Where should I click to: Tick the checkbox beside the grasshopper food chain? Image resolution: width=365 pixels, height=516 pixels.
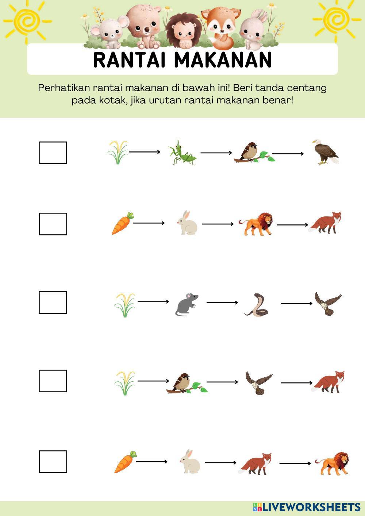(x=53, y=153)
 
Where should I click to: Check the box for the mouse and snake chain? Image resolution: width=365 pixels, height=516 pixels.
(x=53, y=303)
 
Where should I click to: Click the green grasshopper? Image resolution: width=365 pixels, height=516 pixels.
(x=182, y=152)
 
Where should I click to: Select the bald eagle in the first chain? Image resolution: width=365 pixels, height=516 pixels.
(x=326, y=152)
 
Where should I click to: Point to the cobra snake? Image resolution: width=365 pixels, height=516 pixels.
(x=256, y=305)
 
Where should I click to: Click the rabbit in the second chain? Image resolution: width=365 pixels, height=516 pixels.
(x=187, y=223)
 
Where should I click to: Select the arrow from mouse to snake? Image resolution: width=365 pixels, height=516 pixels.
(x=222, y=303)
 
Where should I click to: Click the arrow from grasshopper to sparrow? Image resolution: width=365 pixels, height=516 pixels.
(x=216, y=153)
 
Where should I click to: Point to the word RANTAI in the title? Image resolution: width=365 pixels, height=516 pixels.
(x=130, y=59)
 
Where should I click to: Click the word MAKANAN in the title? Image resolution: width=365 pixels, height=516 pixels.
(x=223, y=59)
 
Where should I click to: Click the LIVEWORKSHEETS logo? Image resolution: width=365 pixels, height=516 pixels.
(x=307, y=507)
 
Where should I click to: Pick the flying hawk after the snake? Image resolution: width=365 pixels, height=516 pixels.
(x=328, y=303)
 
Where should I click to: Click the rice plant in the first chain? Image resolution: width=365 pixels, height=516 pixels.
(x=118, y=152)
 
